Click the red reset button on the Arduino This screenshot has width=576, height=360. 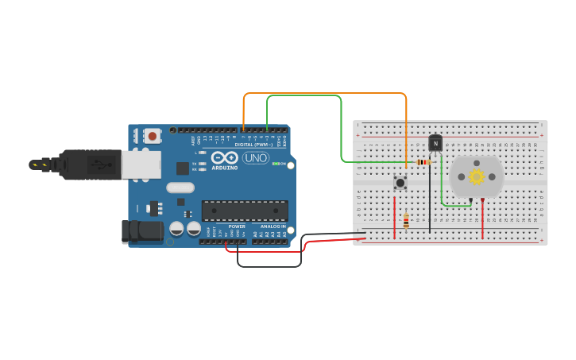152,136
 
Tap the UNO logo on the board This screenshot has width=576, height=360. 255,157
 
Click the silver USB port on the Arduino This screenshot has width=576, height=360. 140,165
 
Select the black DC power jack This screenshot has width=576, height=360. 143,231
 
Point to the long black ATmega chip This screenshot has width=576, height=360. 244,210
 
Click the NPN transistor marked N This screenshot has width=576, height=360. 435,143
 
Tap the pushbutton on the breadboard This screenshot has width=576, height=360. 400,183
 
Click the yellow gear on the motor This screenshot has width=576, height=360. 476,176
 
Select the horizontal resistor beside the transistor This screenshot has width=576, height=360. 423,162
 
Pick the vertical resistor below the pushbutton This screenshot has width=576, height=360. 406,221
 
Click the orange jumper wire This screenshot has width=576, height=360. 326,94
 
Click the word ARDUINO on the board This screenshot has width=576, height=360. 224,168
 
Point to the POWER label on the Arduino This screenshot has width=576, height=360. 237,226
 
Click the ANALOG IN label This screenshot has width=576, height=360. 273,226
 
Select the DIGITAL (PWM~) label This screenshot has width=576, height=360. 253,145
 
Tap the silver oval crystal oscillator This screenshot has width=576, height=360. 180,188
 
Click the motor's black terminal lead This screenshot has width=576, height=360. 470,199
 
